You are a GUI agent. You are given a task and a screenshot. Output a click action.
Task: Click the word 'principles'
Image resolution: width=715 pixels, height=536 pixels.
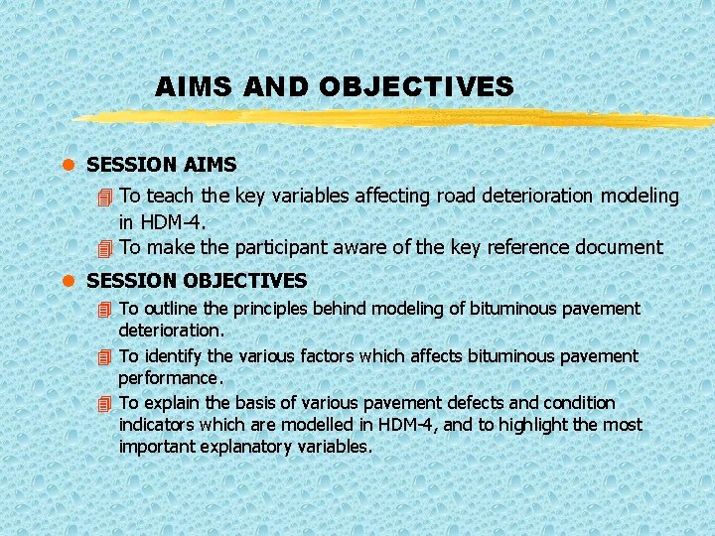(x=270, y=310)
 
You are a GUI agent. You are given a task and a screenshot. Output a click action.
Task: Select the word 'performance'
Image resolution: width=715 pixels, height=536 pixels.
(x=169, y=378)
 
